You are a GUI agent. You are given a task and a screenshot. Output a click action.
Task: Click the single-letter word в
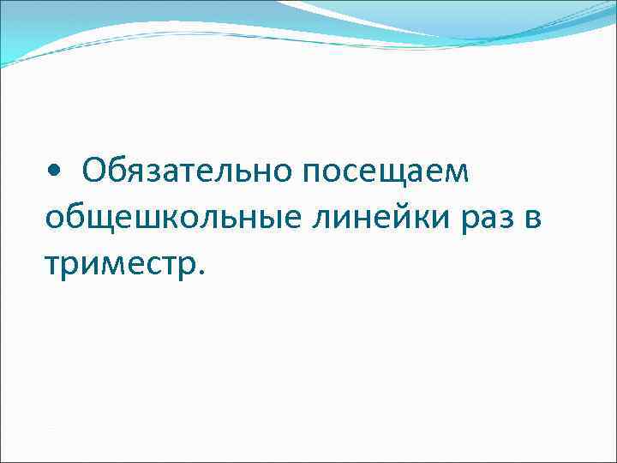tap(531, 219)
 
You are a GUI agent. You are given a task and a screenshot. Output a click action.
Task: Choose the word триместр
tap(119, 264)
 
